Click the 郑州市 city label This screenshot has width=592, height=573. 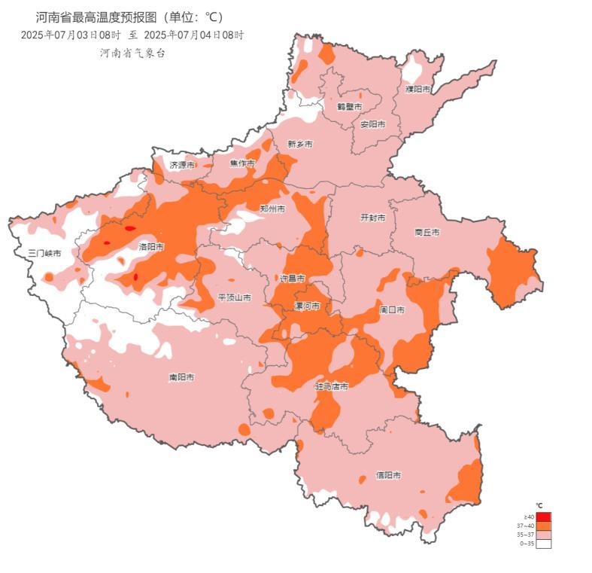(x=272, y=209)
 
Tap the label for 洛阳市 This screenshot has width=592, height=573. (x=151, y=246)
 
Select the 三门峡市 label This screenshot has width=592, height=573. (x=44, y=253)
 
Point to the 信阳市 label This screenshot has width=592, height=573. (x=388, y=475)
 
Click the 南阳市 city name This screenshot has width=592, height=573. (x=182, y=376)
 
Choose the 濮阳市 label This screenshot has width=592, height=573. (x=418, y=89)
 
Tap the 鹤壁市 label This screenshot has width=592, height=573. (x=349, y=107)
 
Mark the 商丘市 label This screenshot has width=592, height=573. (x=427, y=233)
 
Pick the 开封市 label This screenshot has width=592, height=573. (x=372, y=217)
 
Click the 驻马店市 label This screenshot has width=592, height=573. (x=331, y=386)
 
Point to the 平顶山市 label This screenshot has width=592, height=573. (x=234, y=297)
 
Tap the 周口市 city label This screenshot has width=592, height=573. (x=393, y=309)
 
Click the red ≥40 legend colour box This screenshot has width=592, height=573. (x=543, y=517)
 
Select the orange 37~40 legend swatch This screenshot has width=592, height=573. (x=543, y=526)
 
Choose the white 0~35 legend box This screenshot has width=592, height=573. (x=543, y=543)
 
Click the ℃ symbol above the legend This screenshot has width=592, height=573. (x=539, y=505)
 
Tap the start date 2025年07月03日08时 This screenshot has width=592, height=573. (x=71, y=35)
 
